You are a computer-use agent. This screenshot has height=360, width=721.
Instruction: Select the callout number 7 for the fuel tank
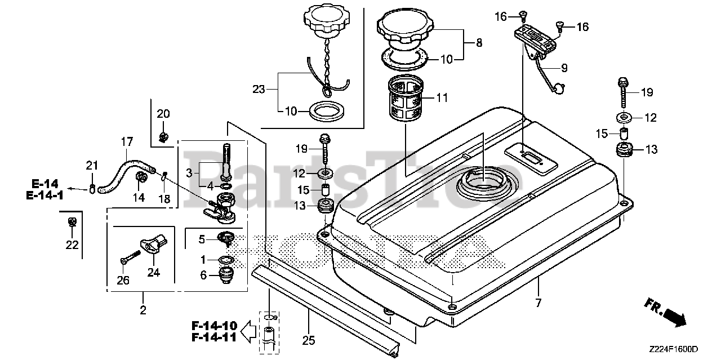[x=538, y=303]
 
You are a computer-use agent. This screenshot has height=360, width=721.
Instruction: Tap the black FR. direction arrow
[x=674, y=316]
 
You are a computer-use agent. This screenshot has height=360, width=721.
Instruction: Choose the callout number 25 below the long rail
[x=309, y=340]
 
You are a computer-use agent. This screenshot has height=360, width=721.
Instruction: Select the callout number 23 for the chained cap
[x=259, y=88]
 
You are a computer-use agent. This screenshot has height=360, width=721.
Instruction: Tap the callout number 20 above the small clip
[x=163, y=114]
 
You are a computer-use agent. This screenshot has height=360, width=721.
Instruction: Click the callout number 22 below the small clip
[x=72, y=245]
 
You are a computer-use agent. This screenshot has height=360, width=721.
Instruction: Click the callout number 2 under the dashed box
[x=143, y=309]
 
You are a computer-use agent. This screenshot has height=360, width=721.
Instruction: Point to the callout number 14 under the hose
[x=139, y=197]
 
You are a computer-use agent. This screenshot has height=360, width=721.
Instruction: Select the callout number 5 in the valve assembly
[x=202, y=239]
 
